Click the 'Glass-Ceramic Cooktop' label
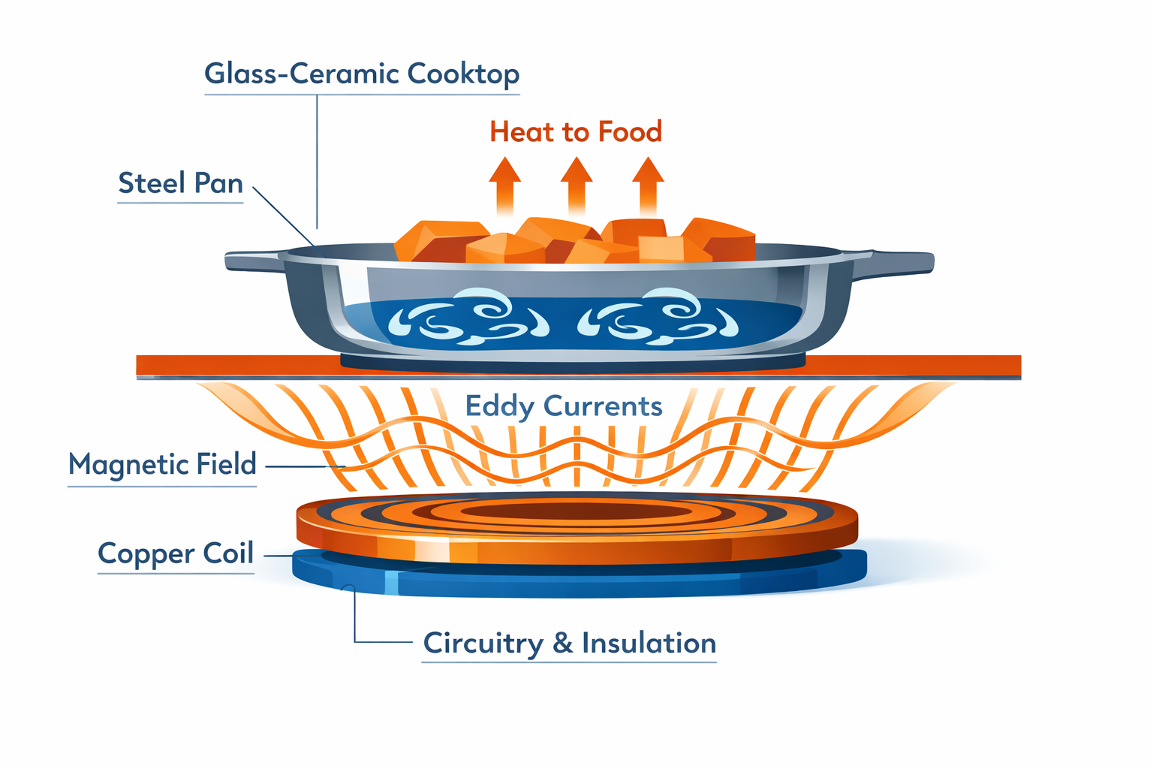click(362, 74)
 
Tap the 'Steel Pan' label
click(181, 183)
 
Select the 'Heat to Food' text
click(576, 132)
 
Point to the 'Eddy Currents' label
click(564, 406)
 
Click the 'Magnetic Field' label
click(162, 464)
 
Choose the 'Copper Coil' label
click(176, 553)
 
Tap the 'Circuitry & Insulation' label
click(569, 644)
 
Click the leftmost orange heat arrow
click(504, 184)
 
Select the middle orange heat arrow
click(576, 184)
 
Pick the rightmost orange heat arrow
click(647, 184)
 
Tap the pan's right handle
click(901, 262)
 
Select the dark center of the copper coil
click(576, 512)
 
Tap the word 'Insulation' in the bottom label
click(649, 644)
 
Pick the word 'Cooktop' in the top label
click(463, 74)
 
